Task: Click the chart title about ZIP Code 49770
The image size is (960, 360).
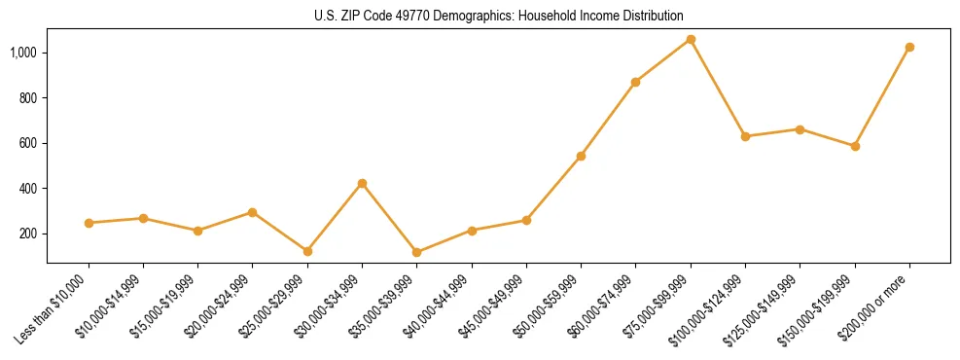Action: click(498, 16)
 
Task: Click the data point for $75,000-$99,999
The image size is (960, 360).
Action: click(691, 39)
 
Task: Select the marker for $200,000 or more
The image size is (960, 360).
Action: click(909, 47)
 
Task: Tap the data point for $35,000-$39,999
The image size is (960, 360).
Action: click(417, 252)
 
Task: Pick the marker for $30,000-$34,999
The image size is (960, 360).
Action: click(362, 183)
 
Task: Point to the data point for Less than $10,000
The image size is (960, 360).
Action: click(89, 223)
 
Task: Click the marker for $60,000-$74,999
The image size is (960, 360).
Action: click(635, 82)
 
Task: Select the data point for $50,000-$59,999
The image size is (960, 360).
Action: click(581, 156)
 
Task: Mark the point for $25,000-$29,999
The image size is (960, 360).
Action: click(307, 251)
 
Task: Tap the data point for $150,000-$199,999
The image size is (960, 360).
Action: click(855, 146)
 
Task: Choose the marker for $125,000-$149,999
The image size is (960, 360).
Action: click(800, 129)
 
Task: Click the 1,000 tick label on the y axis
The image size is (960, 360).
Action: click(23, 53)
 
